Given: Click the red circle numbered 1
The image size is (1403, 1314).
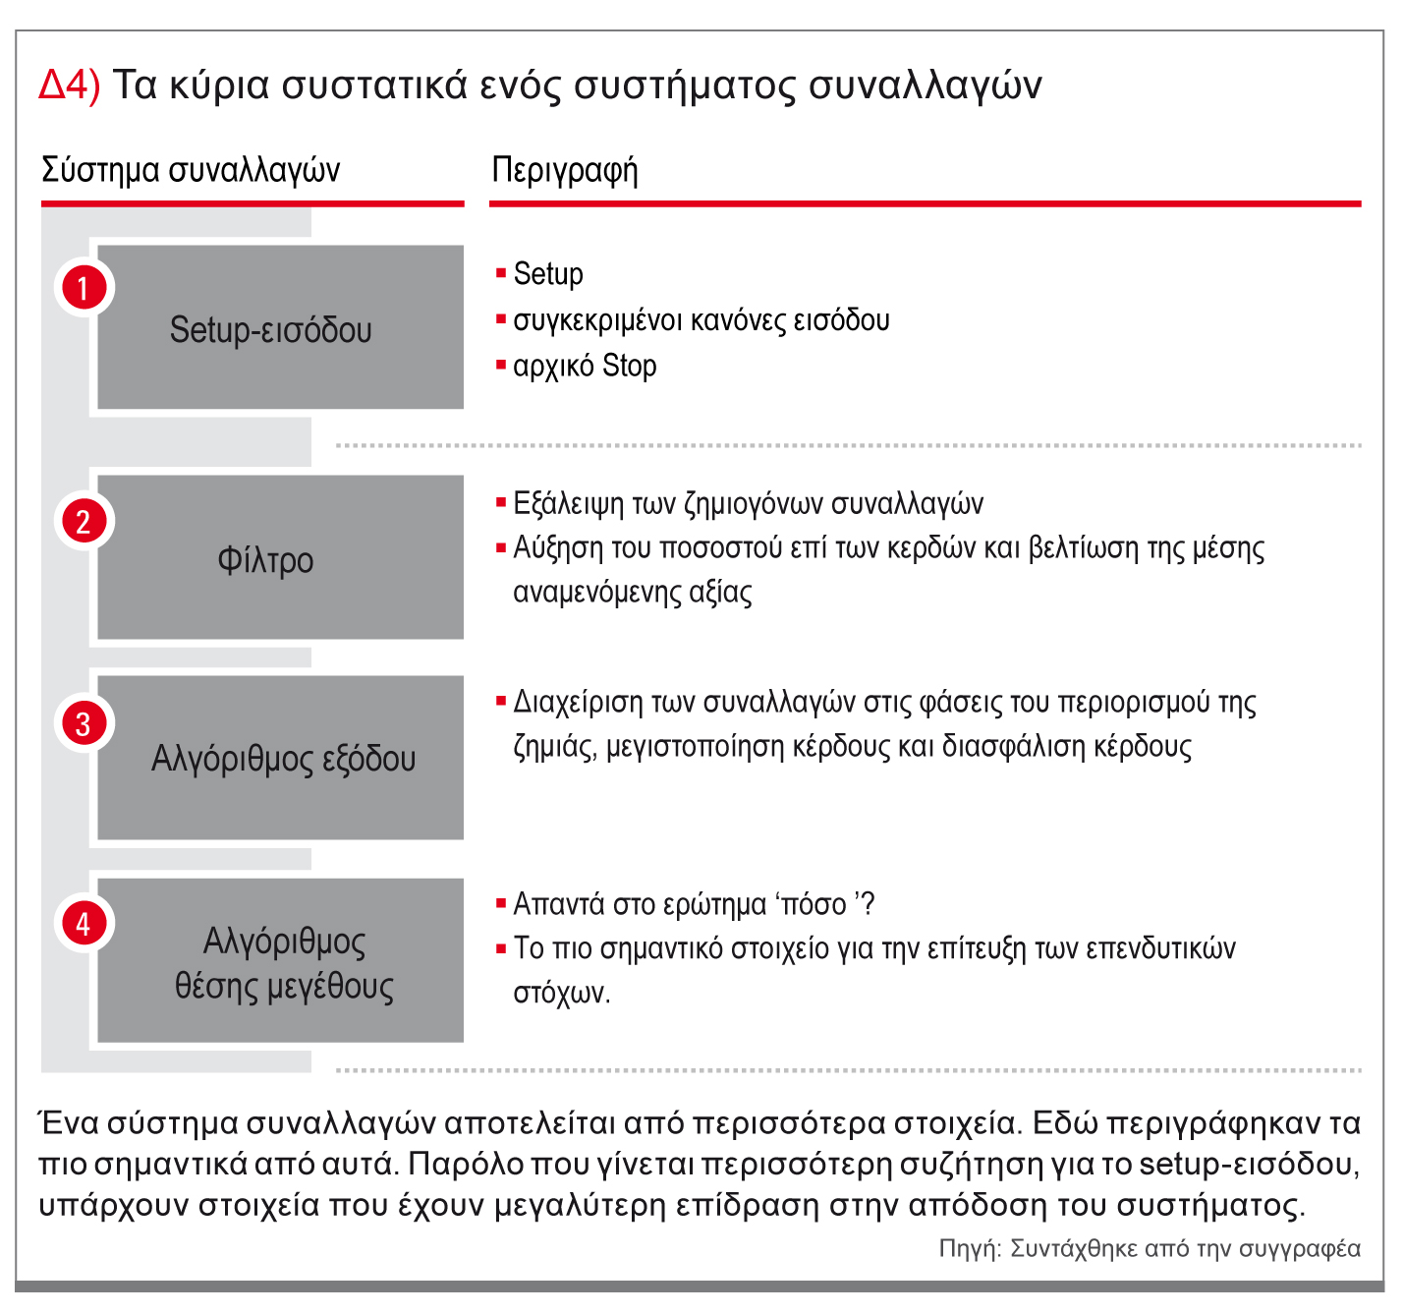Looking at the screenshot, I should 84,288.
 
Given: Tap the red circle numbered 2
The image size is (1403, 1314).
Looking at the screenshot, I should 84,521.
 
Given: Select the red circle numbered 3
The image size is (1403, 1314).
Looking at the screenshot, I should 84,723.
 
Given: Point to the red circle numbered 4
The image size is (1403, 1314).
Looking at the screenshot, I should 84,923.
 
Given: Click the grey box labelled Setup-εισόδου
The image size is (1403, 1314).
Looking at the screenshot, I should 280,328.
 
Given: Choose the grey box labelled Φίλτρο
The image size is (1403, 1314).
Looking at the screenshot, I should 280,558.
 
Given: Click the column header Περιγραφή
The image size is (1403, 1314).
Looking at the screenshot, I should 564,170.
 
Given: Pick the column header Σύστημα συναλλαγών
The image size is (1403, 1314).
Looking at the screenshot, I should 191,170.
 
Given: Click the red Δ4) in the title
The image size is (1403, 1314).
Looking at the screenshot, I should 69,86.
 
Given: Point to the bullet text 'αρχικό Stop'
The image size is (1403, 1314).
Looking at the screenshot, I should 585,366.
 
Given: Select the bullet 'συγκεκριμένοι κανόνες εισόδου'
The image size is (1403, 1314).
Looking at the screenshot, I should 701,320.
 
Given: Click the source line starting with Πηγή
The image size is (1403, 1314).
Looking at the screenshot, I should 1149,1248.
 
